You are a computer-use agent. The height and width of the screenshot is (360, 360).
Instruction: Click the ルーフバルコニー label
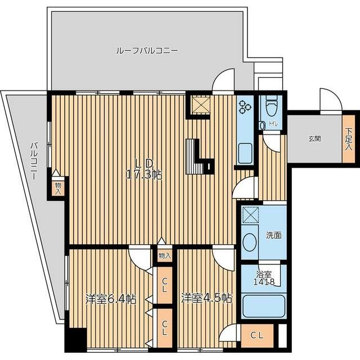(x=147, y=50)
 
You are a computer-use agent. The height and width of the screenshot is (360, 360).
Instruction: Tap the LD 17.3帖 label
(x=144, y=169)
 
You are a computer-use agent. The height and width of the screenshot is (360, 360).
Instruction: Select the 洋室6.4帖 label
(x=111, y=299)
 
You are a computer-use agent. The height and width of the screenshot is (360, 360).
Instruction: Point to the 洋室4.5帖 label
(x=206, y=298)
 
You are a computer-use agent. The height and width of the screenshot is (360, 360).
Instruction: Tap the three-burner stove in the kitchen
(x=245, y=107)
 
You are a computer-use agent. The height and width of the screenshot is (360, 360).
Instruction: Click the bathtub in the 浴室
(x=264, y=306)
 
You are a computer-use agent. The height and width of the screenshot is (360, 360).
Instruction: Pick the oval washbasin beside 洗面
(x=250, y=242)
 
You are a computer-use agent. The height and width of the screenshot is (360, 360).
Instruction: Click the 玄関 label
(x=314, y=139)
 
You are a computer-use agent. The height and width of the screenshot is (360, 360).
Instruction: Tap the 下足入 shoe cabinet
(x=349, y=139)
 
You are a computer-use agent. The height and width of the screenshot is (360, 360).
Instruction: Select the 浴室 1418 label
(x=264, y=278)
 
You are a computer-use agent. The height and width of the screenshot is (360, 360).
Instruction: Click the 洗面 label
(x=274, y=235)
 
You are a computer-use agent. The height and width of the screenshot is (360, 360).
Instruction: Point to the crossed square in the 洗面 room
(x=250, y=214)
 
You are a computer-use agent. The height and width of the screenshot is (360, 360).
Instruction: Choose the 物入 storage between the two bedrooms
(x=165, y=255)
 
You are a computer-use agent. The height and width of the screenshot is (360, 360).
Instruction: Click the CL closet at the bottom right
(x=257, y=336)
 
